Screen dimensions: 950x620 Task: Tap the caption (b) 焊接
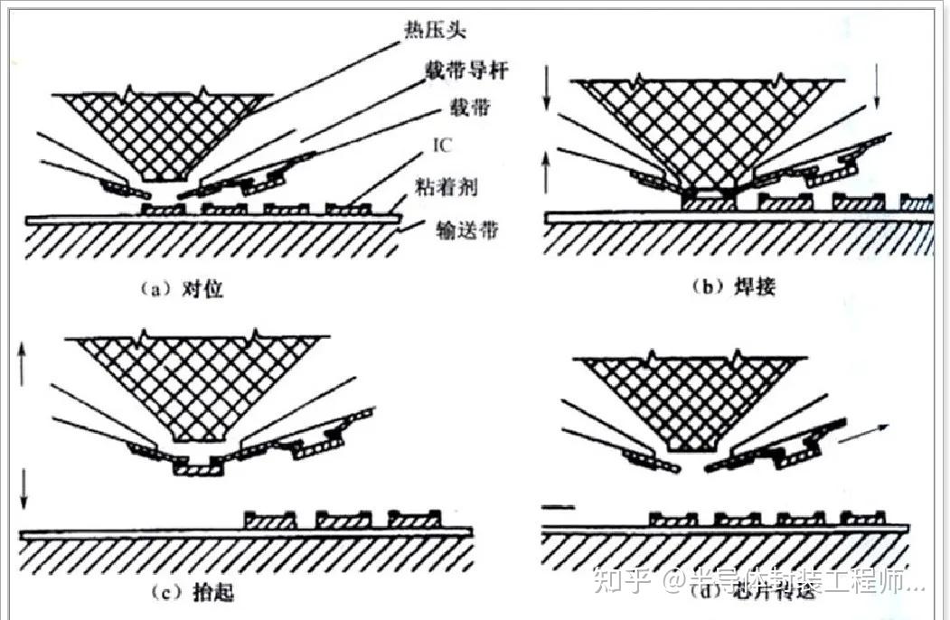733,287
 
